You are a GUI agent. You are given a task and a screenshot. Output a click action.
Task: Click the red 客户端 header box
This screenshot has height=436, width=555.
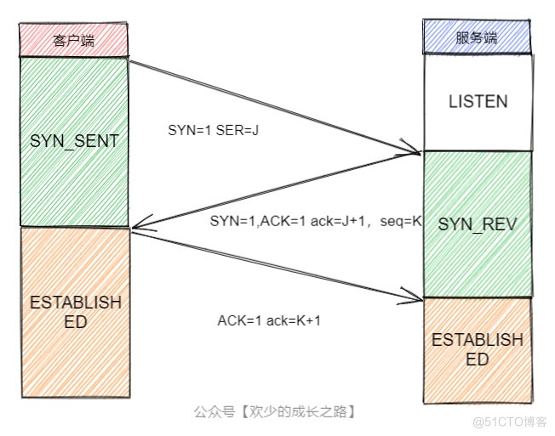coord(73,40)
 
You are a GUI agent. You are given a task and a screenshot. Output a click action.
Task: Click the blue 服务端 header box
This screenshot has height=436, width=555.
coord(477,38)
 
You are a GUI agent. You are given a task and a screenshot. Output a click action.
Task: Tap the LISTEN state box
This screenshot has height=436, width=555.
coord(478,102)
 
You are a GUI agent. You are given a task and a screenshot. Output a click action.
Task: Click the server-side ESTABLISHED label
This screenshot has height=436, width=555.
coord(478,349)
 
